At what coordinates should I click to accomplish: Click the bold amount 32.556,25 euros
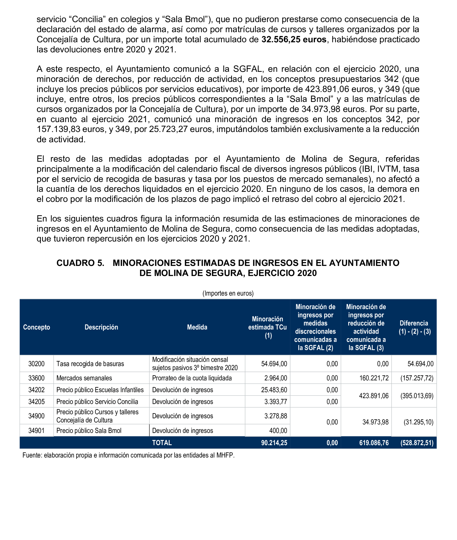point(294,39)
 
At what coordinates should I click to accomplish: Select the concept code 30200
point(36,364)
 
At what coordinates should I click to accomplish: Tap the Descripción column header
point(101,327)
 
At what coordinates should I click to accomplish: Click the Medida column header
point(197,327)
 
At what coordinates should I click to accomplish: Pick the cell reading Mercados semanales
point(84,378)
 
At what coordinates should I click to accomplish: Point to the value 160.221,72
point(374,378)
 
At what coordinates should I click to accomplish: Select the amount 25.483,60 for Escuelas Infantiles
point(274,390)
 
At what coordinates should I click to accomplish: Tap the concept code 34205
point(36,402)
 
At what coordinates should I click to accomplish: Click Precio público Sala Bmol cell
point(89,431)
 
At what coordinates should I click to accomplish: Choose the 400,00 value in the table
point(278,431)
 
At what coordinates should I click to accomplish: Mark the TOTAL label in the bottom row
point(162,443)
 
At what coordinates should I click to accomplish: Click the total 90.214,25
point(274,443)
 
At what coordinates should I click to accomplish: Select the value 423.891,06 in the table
point(374,396)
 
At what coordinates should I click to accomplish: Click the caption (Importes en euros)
point(228,293)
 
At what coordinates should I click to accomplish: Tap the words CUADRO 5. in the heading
point(80,263)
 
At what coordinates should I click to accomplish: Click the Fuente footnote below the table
point(128,455)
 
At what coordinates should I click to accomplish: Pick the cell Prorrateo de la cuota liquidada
point(192,378)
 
